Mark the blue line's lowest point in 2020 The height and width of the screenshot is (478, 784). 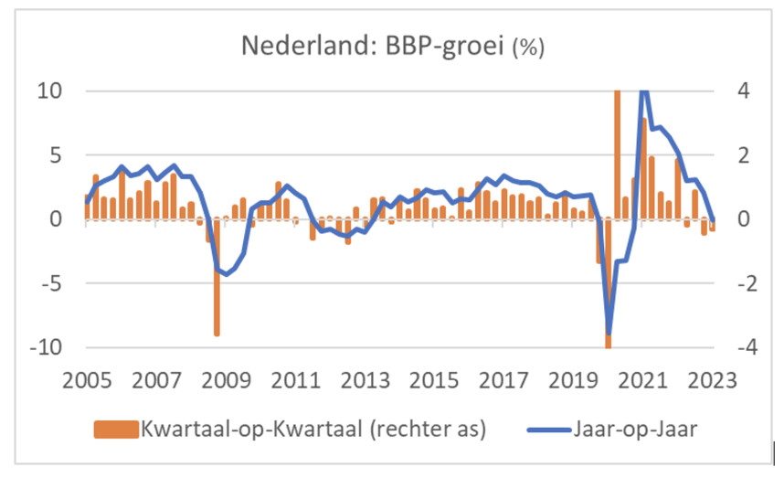609,333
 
